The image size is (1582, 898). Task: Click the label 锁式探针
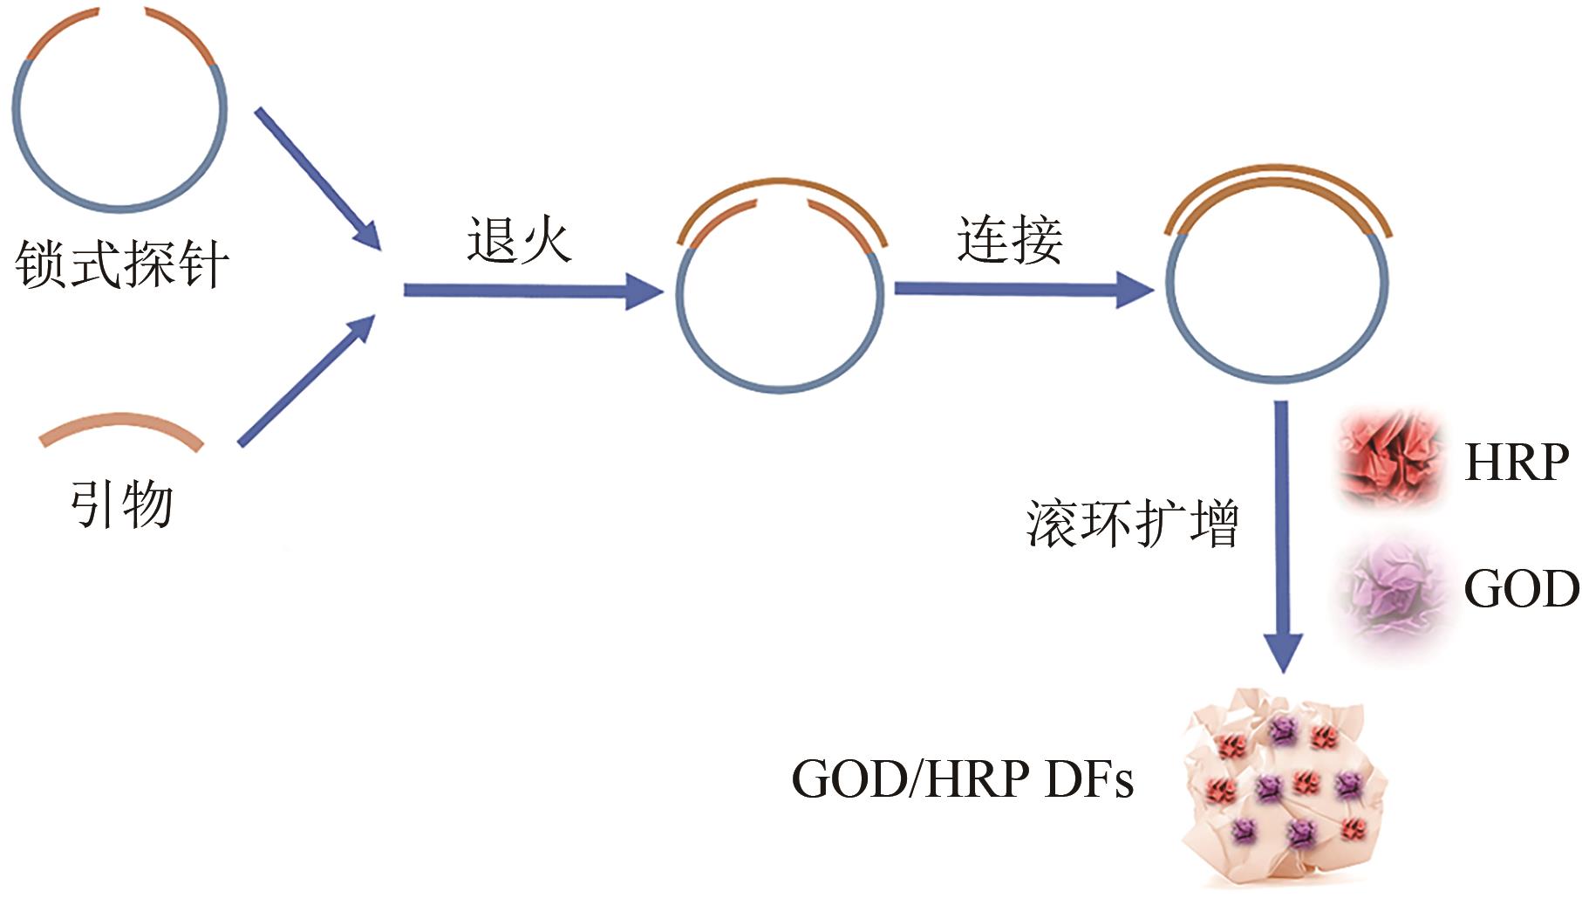[122, 264]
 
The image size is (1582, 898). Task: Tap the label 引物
[122, 504]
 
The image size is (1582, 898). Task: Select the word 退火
[519, 240]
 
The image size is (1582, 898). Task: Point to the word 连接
[1010, 240]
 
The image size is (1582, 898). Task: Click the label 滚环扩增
[1132, 524]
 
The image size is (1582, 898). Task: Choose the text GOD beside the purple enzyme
[1520, 589]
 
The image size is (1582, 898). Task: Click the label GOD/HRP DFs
[962, 778]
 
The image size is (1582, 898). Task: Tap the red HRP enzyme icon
[1388, 458]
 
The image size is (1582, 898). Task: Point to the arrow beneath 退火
[532, 291]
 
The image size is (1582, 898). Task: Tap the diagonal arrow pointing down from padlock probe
[317, 179]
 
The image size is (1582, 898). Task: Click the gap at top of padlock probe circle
[122, 11]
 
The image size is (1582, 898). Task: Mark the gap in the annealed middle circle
[781, 203]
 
